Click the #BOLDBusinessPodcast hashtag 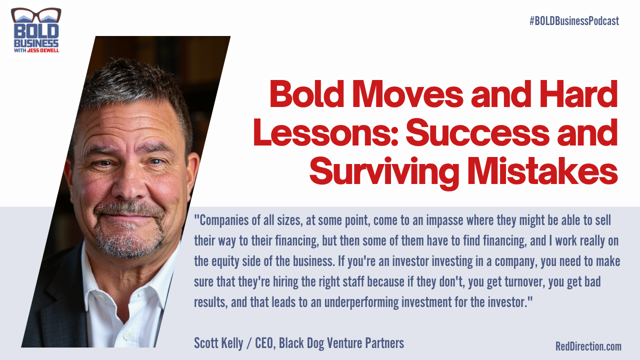click(x=574, y=21)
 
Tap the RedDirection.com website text click(x=588, y=346)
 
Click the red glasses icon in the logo click(x=35, y=14)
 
